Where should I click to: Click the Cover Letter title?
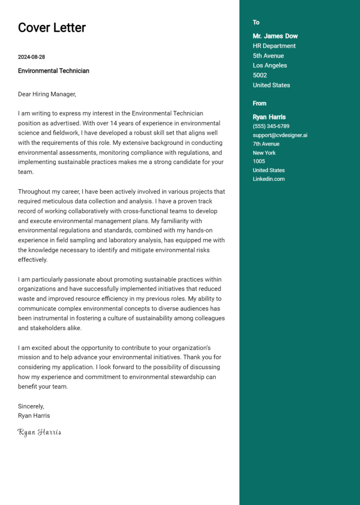52,28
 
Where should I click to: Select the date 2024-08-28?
31,57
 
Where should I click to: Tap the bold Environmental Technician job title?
53,71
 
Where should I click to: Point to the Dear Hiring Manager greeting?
47,94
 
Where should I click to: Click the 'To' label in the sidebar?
256,22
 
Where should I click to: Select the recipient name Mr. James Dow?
275,36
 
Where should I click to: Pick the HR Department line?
274,46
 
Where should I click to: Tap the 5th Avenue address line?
268,56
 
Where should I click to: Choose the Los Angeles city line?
270,66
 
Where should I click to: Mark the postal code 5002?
260,75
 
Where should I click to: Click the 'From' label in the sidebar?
259,104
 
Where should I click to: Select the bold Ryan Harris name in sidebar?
269,117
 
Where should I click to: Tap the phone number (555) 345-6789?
271,126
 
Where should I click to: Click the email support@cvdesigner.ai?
280,135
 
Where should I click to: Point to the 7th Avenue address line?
266,144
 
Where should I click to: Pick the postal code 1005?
259,162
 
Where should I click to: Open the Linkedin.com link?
269,179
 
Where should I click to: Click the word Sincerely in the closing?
31,406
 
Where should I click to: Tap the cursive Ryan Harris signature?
39,432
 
